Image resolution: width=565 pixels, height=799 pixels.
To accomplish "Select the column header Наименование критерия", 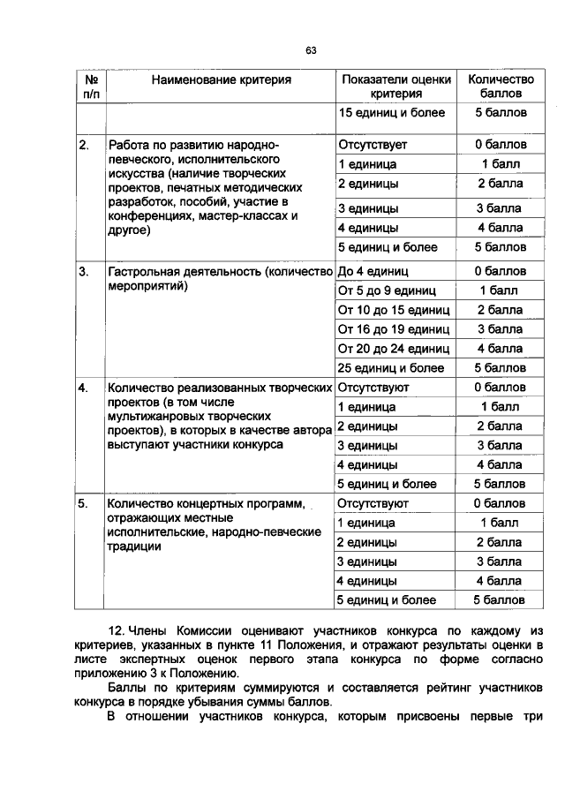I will pyautogui.click(x=221, y=79).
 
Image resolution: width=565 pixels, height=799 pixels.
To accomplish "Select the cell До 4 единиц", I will pyautogui.click(x=373, y=271).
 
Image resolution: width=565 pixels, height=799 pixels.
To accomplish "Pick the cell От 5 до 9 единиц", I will pyautogui.click(x=385, y=290).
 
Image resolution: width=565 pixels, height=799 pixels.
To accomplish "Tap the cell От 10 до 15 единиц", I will pyautogui.click(x=394, y=310).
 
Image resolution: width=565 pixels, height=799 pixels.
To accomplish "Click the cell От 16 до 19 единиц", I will pyautogui.click(x=394, y=329).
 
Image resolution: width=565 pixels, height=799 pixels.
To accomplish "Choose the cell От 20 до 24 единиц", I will pyautogui.click(x=394, y=349).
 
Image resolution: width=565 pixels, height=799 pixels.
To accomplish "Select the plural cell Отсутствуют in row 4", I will pyautogui.click(x=373, y=388).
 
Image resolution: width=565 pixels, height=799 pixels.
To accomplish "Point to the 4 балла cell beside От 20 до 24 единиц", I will pyautogui.click(x=501, y=349).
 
